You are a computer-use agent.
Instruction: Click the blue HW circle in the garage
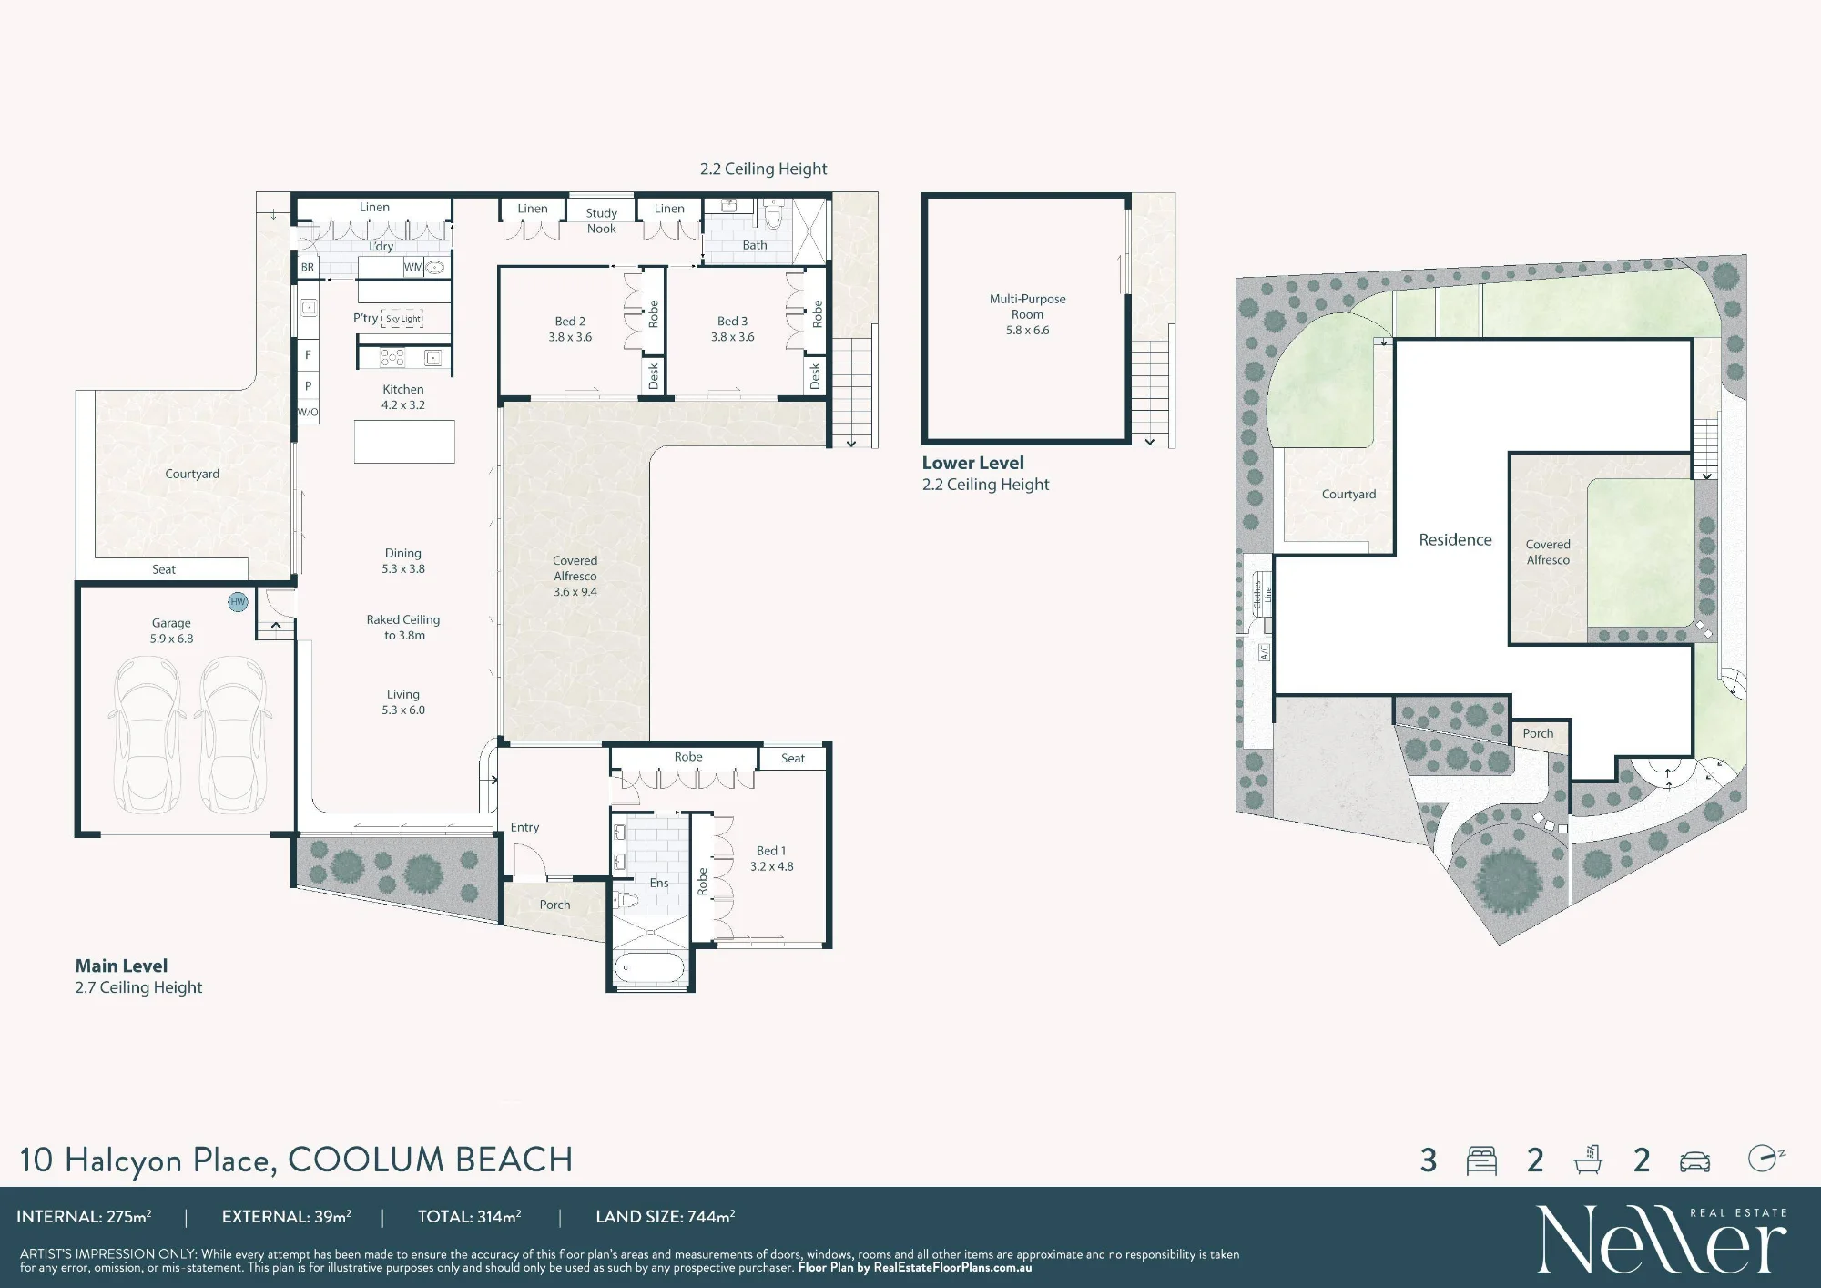(238, 602)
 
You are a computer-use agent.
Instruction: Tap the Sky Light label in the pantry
(403, 319)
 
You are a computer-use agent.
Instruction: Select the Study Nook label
(601, 220)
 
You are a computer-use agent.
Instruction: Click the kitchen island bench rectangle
(404, 441)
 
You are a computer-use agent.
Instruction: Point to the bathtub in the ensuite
(649, 968)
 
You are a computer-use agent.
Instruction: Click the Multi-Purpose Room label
(1027, 306)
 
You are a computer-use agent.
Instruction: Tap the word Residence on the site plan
(1455, 539)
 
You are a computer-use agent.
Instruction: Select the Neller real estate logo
(1662, 1238)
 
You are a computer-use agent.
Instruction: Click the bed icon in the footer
(1481, 1160)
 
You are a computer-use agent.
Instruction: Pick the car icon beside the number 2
(1694, 1161)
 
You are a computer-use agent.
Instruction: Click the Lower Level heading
(972, 463)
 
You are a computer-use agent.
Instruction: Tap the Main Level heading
(121, 966)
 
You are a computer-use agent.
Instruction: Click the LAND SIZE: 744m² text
(665, 1216)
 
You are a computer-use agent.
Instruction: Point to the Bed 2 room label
(570, 329)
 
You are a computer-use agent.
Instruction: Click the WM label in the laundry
(412, 267)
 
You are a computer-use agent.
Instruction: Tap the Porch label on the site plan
(1538, 733)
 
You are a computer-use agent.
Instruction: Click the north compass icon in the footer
(1765, 1158)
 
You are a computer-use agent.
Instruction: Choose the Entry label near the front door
(524, 827)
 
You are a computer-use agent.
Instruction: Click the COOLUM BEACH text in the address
(430, 1160)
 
